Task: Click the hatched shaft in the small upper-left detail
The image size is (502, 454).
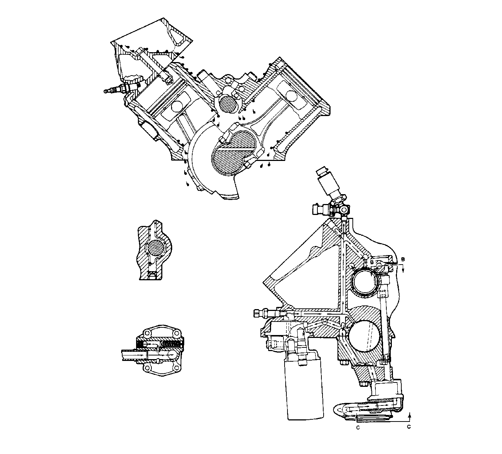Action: pyautogui.click(x=156, y=249)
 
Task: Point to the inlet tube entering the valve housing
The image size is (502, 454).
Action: pyautogui.click(x=133, y=354)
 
